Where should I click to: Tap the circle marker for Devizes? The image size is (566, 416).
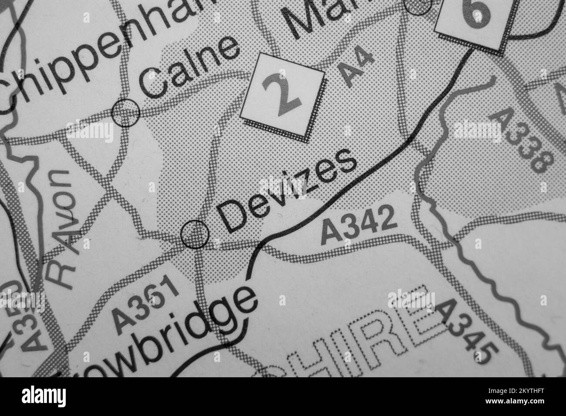[x=195, y=234]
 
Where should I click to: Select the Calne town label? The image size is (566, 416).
[x=189, y=68]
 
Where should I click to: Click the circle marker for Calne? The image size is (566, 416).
[x=126, y=113]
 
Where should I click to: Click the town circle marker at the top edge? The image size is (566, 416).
[x=418, y=6]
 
